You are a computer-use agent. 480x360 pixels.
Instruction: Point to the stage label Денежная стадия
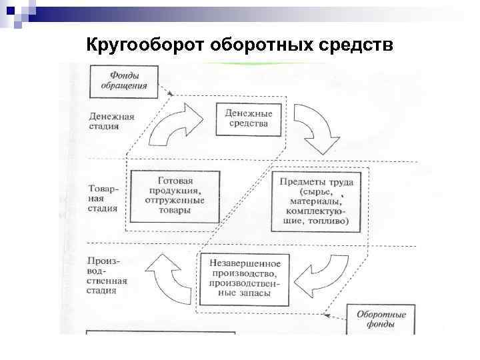click(111, 120)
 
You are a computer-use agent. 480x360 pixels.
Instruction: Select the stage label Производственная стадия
click(107, 275)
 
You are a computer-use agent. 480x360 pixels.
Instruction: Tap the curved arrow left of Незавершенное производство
click(168, 278)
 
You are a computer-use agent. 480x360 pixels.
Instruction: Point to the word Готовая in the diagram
click(175, 181)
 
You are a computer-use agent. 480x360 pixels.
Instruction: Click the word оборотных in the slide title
click(251, 45)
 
